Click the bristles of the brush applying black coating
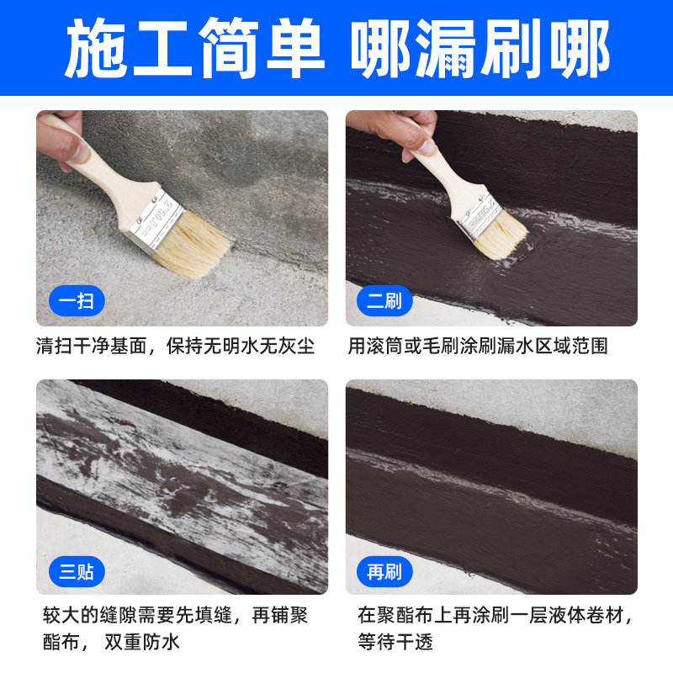(502, 236)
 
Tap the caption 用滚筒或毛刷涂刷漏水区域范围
(478, 347)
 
